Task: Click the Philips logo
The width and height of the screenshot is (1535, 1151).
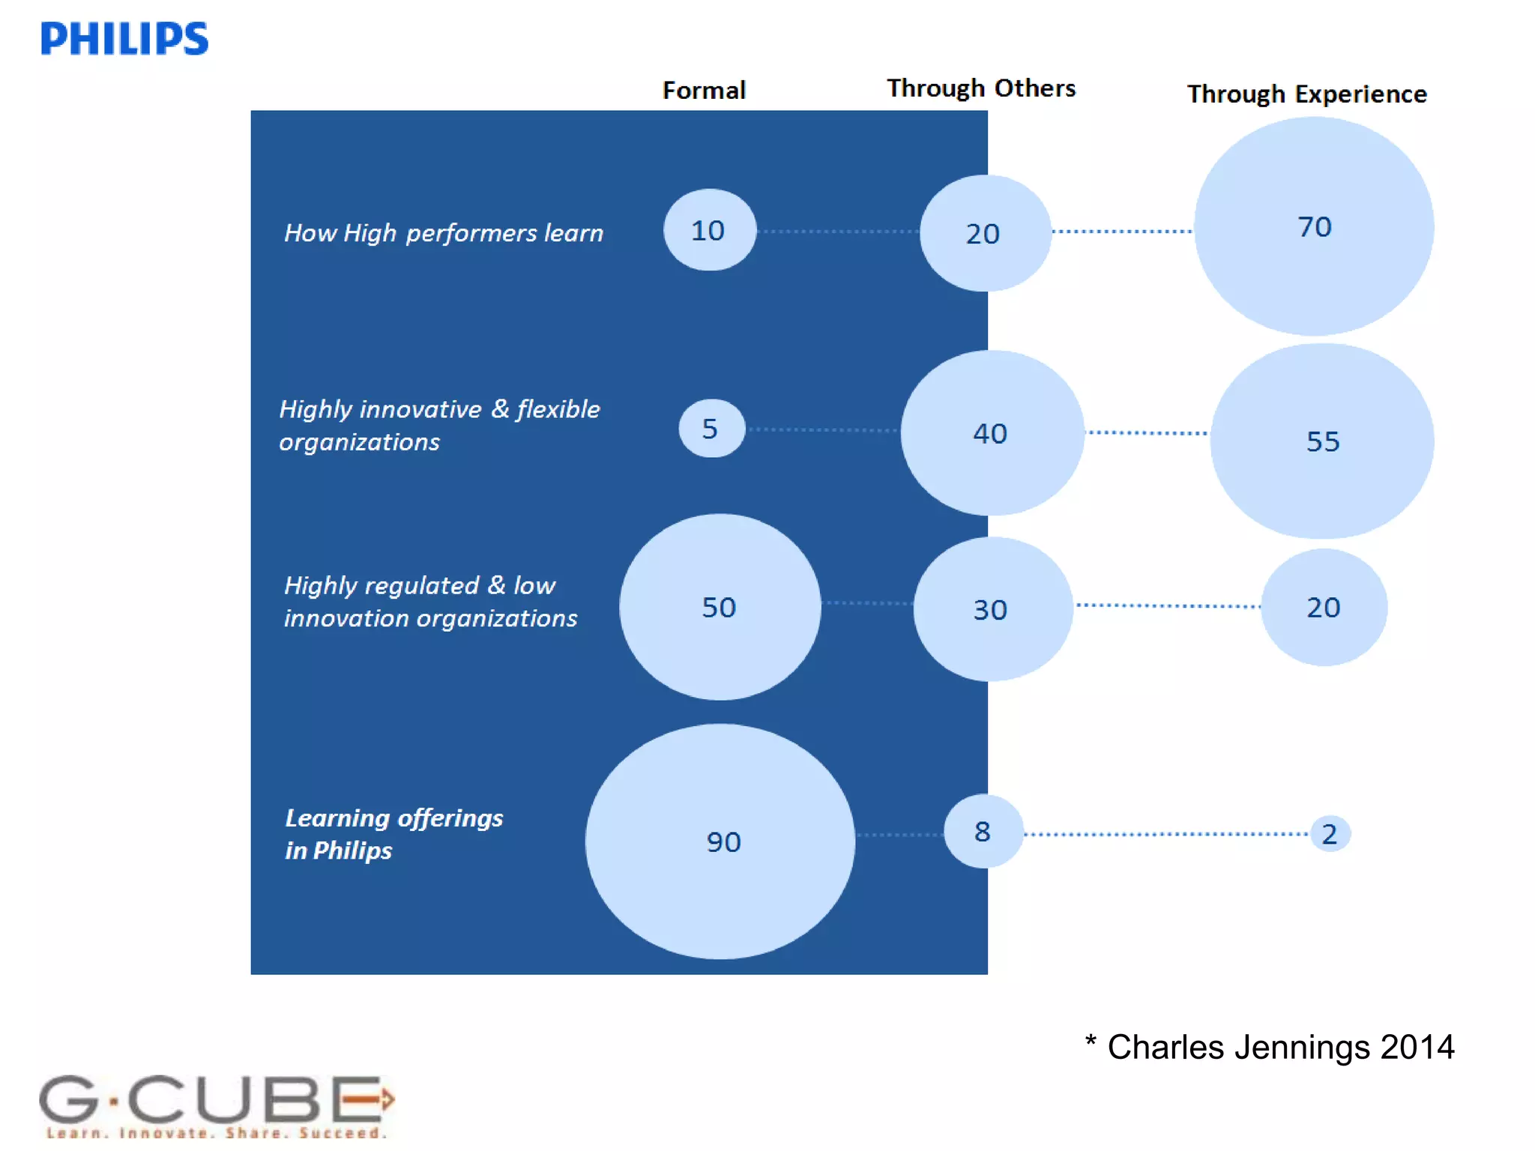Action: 124,38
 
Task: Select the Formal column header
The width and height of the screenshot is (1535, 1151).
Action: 704,91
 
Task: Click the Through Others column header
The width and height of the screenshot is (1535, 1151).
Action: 981,88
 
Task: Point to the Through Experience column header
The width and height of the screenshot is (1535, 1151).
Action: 1306,94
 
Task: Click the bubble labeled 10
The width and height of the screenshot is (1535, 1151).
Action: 709,230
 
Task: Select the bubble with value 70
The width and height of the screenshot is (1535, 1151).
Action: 1314,226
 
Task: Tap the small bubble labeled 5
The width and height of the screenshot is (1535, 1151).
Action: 711,429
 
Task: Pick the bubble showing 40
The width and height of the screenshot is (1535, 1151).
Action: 992,433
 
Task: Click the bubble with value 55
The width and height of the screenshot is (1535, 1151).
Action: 1322,441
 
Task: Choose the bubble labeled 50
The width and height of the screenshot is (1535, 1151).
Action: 720,607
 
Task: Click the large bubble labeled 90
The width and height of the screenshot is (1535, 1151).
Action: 720,842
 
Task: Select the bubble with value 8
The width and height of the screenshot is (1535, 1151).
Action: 983,832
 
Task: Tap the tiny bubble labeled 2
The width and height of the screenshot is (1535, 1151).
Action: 1330,834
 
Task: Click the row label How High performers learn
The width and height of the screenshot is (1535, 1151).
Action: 444,233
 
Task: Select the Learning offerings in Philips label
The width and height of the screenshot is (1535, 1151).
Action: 393,834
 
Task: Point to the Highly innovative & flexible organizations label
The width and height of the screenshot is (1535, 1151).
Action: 439,426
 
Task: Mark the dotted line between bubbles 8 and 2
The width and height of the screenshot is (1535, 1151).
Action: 1166,834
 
